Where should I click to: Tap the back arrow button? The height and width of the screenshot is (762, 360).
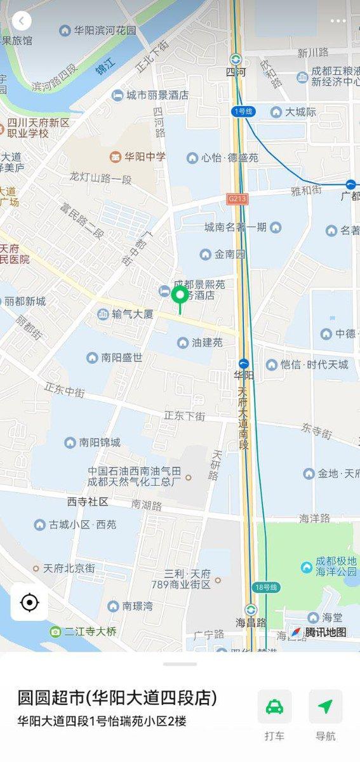[21, 21]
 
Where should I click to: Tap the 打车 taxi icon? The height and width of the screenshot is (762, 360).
[274, 707]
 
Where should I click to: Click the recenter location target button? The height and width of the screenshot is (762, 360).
[29, 602]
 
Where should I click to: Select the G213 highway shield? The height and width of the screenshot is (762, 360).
[237, 199]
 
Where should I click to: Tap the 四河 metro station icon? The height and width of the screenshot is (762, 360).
[236, 57]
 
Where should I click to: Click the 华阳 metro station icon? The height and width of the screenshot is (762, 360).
[244, 364]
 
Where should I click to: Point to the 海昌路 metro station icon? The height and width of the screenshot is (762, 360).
[251, 609]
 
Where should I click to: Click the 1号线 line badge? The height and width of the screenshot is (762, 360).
[243, 111]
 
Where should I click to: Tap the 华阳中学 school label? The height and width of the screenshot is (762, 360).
[138, 156]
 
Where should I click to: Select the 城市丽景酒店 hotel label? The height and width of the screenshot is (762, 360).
[150, 95]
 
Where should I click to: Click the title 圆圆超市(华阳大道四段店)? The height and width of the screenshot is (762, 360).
[117, 698]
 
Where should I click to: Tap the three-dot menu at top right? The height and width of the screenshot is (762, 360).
[338, 21]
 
